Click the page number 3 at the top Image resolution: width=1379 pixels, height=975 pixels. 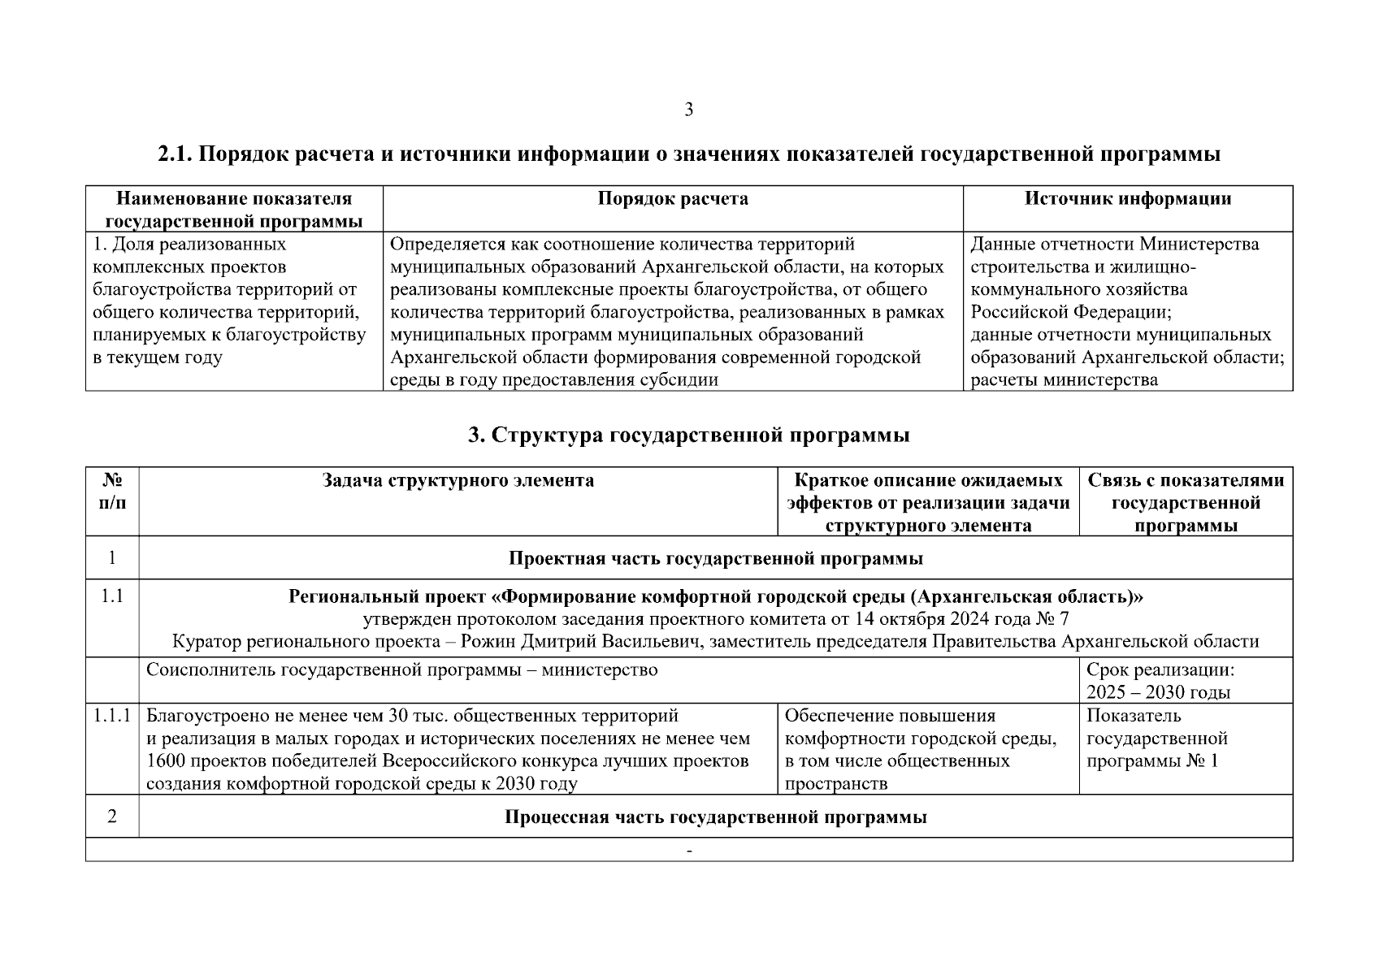(x=688, y=110)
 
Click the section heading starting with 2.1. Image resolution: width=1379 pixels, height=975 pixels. (x=688, y=154)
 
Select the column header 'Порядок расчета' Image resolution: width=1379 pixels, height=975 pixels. (x=673, y=199)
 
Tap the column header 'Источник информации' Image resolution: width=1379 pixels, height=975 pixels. (x=1127, y=199)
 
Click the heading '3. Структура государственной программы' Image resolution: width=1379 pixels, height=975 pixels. (x=688, y=435)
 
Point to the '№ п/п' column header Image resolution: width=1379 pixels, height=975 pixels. (x=112, y=492)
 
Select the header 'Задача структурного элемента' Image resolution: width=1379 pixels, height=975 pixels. (x=458, y=480)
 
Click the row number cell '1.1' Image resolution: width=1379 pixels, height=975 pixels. (x=112, y=596)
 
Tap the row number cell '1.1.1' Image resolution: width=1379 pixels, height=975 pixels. (x=112, y=717)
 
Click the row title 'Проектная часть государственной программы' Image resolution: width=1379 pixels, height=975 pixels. (x=715, y=559)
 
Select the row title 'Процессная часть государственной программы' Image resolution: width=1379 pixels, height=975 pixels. (x=715, y=817)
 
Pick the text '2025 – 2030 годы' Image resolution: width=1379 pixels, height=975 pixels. (x=1158, y=693)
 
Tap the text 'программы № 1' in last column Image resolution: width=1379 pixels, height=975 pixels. (x=1151, y=761)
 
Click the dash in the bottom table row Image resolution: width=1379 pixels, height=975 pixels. (x=689, y=851)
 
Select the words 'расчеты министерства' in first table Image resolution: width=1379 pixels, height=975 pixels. (x=1064, y=380)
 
